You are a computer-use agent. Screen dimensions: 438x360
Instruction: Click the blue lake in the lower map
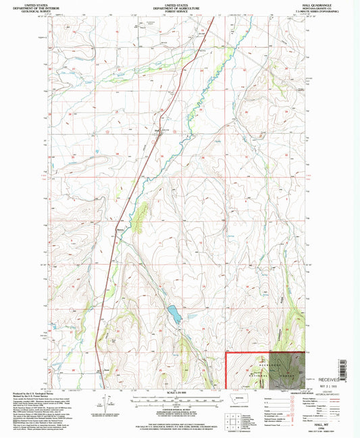(174, 314)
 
